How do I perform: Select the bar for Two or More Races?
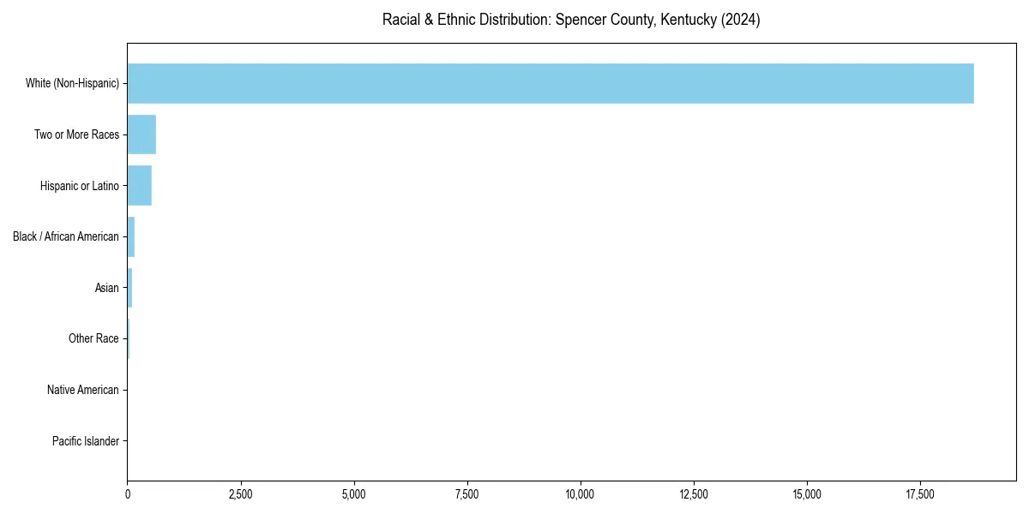point(141,134)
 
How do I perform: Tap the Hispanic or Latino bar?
point(139,186)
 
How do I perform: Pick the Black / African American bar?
point(131,236)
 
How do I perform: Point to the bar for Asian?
point(129,288)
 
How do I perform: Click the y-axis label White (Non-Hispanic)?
point(72,83)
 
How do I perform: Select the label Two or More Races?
point(76,134)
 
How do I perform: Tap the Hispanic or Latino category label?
point(79,186)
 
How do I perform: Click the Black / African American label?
point(66,236)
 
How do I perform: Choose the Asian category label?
point(107,288)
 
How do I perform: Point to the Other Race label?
point(93,339)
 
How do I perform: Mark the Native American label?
point(83,390)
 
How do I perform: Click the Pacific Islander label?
point(85,441)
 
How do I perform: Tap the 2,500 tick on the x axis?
point(241,494)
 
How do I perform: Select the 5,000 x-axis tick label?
point(354,494)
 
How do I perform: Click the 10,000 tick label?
point(581,494)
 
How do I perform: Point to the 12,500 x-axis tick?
point(694,494)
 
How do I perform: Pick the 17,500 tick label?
point(920,494)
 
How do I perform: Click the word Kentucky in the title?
point(689,20)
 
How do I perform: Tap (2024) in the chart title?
point(741,20)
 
